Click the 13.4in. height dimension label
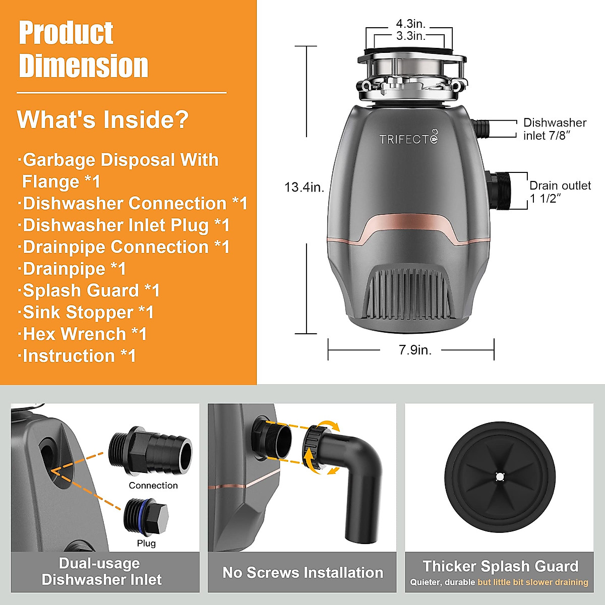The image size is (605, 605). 304,187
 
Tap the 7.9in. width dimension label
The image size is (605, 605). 415,350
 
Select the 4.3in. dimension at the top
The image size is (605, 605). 410,24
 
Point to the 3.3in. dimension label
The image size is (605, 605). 410,36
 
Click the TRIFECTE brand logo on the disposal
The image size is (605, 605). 409,139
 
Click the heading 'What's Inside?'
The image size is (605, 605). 103,119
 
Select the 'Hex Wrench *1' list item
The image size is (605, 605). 84,334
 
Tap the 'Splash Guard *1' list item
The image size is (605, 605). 91,290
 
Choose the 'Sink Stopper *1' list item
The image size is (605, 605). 88,312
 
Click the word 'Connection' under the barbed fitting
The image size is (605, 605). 153,486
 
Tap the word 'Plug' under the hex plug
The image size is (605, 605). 146,543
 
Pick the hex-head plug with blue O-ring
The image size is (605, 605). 146,518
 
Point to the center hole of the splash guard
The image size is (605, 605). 500,476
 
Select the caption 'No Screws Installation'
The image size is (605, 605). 302,573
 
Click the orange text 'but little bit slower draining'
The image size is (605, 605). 532,582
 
